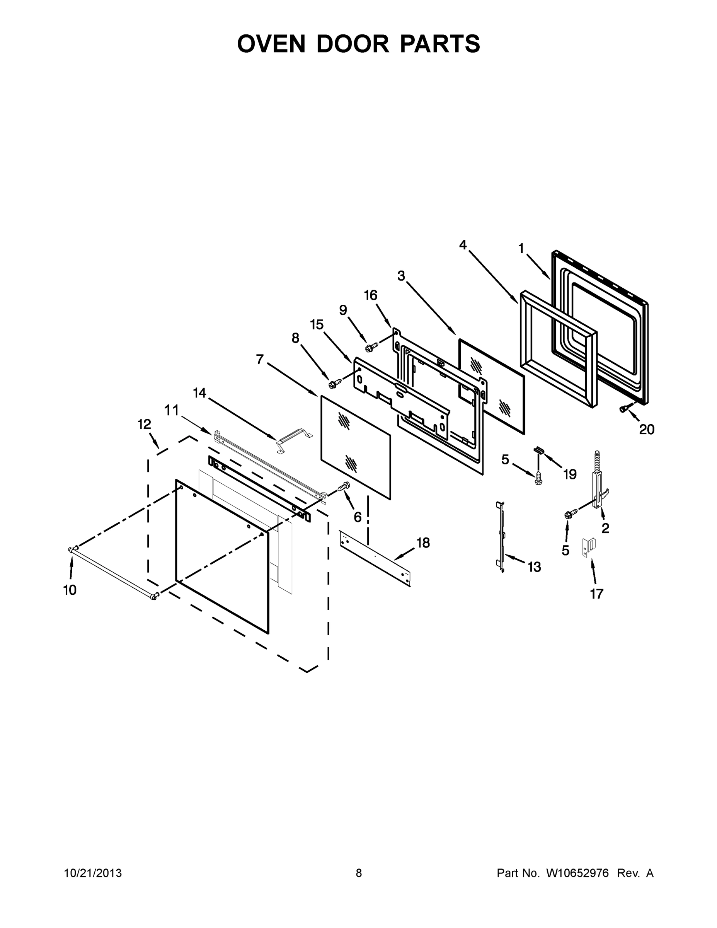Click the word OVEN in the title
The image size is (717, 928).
click(x=271, y=44)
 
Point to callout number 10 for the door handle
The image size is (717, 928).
click(x=70, y=590)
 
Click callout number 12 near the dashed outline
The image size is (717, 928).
click(x=145, y=424)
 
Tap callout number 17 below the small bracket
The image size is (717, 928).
click(x=596, y=594)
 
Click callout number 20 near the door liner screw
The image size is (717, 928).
click(x=647, y=430)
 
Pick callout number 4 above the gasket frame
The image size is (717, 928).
click(x=463, y=245)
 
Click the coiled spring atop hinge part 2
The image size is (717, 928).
click(x=597, y=461)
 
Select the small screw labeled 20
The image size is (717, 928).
click(x=623, y=408)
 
